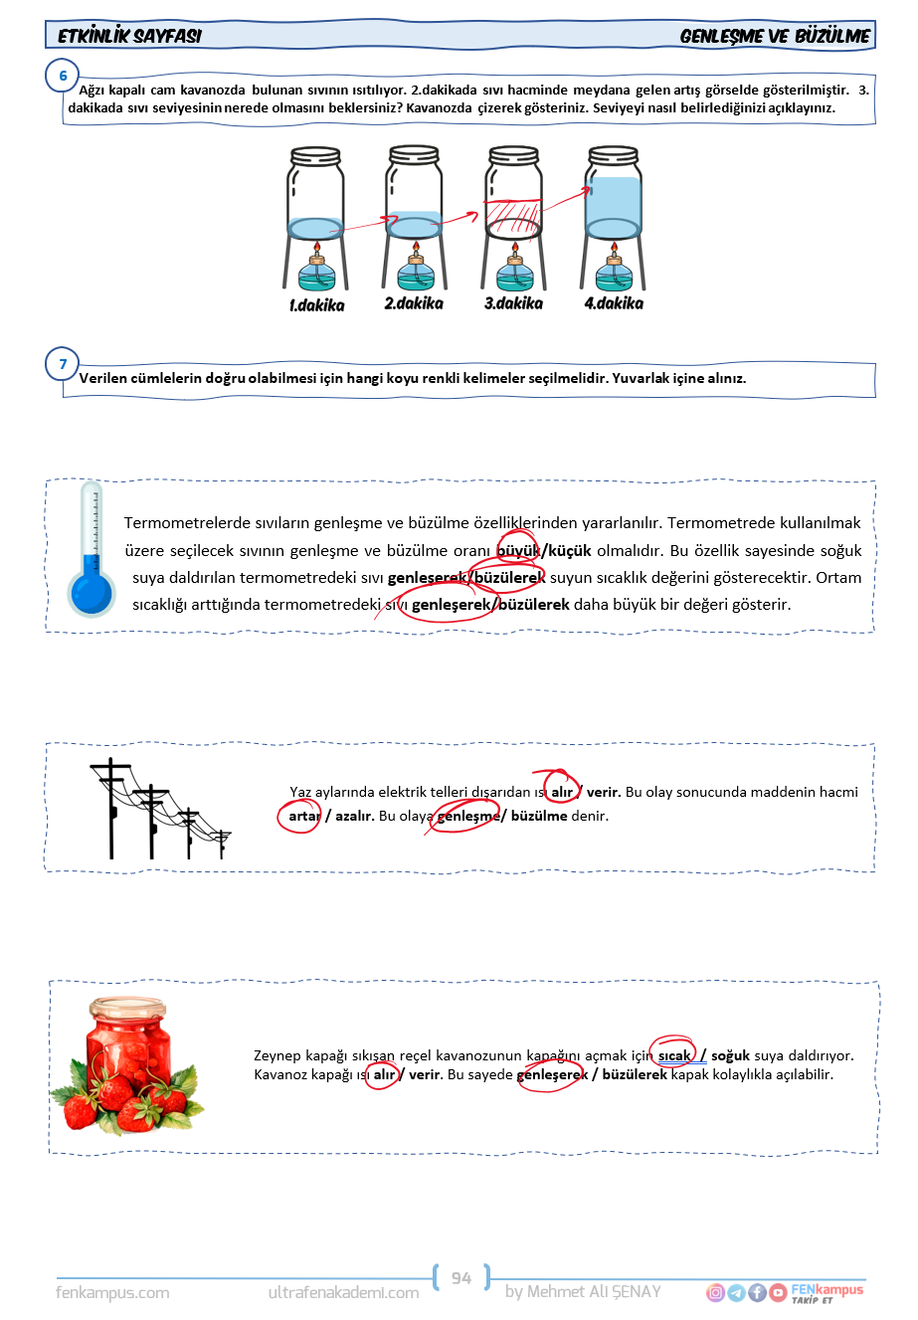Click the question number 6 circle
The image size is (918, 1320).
coord(63,77)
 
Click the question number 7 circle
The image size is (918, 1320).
coord(63,364)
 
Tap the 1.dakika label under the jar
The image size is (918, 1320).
coord(316,305)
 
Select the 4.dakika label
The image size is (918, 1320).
coord(614,303)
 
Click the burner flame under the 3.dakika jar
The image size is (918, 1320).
coord(514,247)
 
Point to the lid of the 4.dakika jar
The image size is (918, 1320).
coord(614,155)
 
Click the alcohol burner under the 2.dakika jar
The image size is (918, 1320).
coord(415,272)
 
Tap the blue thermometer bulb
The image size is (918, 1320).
coord(92,592)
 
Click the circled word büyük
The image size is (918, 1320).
coord(517,550)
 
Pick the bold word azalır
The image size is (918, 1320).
coord(354,816)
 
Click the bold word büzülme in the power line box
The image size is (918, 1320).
coord(539,816)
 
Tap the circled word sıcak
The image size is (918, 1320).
coord(674,1055)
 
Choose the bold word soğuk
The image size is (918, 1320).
coord(730,1055)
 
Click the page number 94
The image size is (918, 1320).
coord(461,1278)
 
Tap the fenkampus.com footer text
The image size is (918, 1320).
coord(112,1293)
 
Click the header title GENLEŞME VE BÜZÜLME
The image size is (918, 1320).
coord(775,37)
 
